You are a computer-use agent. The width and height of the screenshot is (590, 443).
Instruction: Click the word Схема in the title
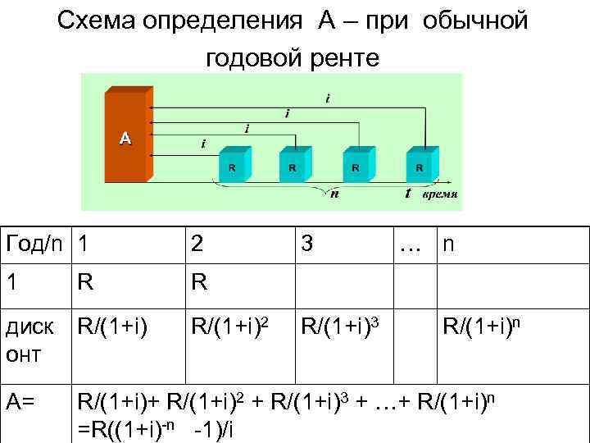(98, 21)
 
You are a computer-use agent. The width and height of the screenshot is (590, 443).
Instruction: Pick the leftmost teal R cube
(232, 167)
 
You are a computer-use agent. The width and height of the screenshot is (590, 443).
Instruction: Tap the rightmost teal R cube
(420, 167)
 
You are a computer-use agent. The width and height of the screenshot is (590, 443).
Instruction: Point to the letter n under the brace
(334, 194)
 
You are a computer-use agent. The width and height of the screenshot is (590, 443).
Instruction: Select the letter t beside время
(407, 194)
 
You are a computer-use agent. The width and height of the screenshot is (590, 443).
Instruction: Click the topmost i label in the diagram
(328, 99)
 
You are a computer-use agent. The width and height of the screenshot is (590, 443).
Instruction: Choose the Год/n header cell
(34, 244)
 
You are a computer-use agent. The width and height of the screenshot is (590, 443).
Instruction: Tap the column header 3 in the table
(306, 244)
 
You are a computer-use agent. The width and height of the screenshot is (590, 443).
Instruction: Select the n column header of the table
(449, 244)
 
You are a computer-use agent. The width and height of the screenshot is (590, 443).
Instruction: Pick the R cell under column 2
(198, 283)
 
